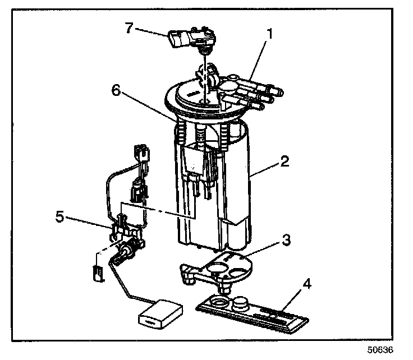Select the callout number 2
pyautogui.click(x=286, y=163)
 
